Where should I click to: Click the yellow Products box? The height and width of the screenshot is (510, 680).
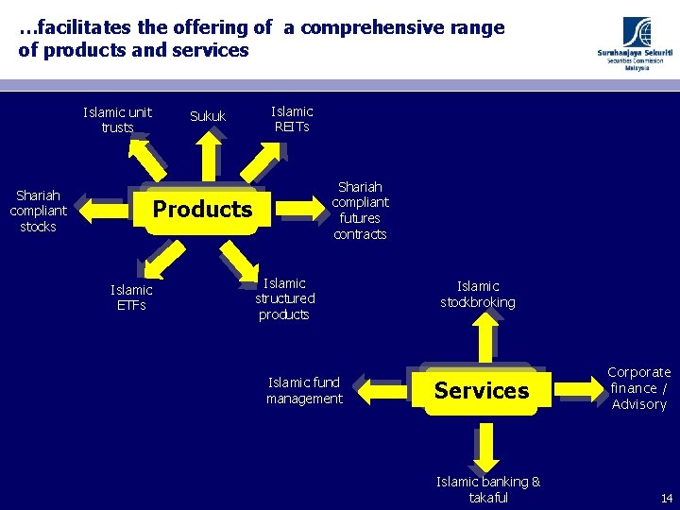point(202,209)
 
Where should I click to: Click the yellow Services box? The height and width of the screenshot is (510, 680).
point(482,391)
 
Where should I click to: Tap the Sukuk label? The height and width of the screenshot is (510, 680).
point(208,116)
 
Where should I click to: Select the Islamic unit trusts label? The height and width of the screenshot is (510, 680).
point(117,120)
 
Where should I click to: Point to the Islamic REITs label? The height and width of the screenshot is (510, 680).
point(292,119)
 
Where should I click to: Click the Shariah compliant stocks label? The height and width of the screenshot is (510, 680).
point(38,211)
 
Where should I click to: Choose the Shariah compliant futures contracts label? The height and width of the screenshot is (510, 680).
point(360,211)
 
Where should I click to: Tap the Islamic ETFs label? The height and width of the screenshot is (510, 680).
point(131,297)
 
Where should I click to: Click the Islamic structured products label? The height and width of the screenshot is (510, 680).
point(284,298)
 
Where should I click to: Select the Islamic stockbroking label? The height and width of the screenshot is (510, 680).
point(478,294)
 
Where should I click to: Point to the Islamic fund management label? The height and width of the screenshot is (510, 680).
point(304,390)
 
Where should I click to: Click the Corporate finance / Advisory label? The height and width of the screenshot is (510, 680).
point(639,388)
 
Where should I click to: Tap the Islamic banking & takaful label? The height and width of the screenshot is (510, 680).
point(488,489)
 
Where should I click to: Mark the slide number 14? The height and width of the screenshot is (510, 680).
point(667,498)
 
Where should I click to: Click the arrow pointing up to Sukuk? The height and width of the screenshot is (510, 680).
point(208,156)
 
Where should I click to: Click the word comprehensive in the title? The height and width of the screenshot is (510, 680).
point(402,28)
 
